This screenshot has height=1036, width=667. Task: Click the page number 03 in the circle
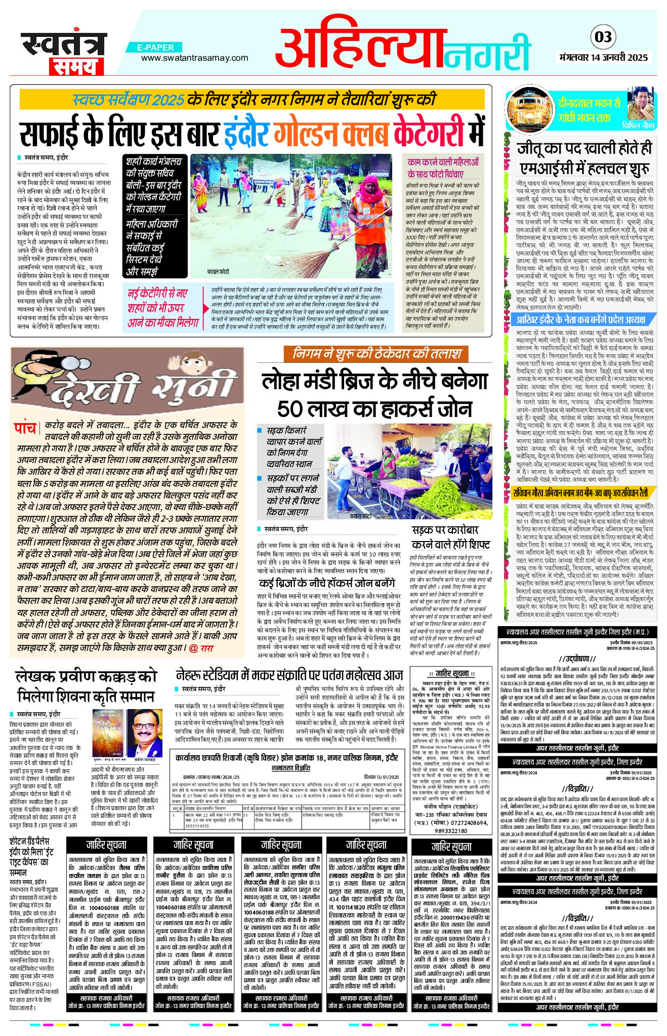click(x=603, y=37)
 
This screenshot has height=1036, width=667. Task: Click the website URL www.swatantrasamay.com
click(x=187, y=58)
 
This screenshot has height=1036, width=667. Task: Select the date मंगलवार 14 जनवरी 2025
click(x=607, y=57)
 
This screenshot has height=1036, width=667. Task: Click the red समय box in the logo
click(x=76, y=66)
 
